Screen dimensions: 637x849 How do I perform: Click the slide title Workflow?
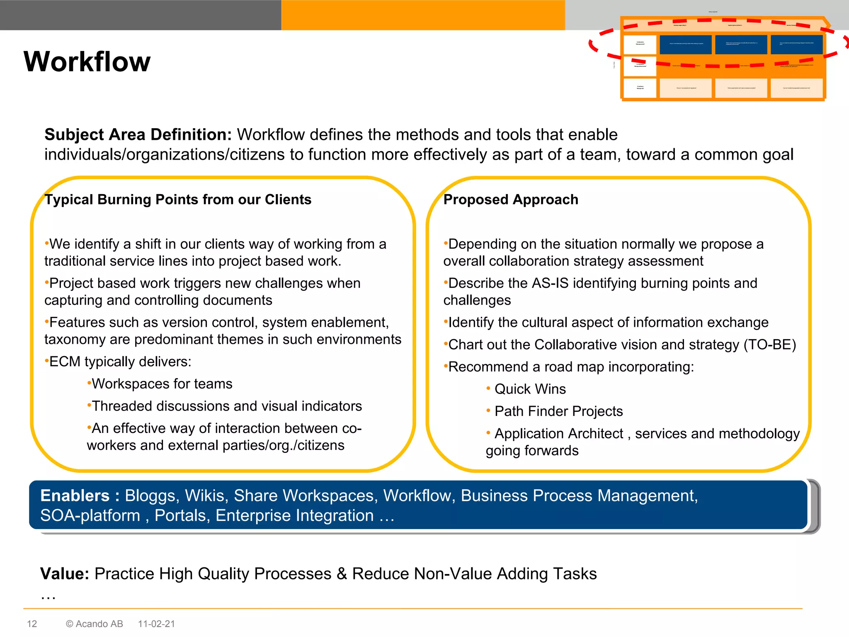87,62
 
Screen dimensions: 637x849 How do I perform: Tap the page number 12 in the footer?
32,624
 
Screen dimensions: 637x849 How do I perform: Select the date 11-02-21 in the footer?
156,624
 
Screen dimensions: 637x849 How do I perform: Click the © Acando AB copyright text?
95,624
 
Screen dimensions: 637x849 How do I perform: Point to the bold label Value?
65,574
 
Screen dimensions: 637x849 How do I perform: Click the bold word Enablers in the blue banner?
75,496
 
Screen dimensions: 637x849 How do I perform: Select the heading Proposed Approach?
511,200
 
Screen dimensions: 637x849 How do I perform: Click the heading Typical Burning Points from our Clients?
178,200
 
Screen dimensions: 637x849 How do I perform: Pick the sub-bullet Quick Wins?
530,389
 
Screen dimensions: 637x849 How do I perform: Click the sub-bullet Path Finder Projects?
558,411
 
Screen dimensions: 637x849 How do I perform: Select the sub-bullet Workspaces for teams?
162,384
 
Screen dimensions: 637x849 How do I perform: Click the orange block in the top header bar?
423,15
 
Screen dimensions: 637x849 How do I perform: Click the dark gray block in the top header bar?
141,15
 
